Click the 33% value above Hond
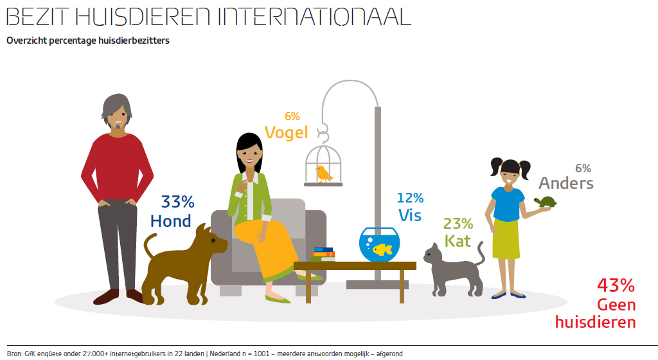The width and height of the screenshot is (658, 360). point(177,202)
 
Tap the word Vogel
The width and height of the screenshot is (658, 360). point(286,133)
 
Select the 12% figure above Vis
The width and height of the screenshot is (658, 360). point(411,197)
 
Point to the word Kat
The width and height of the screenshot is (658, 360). point(458,241)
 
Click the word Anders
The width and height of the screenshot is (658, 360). point(566,183)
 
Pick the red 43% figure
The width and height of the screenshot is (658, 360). point(616,285)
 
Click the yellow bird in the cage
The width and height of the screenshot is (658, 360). point(324,174)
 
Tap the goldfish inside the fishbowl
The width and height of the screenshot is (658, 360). point(382,249)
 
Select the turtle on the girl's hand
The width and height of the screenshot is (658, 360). point(545,202)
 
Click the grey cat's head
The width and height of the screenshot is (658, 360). point(432,253)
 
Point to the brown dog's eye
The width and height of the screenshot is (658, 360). point(213,240)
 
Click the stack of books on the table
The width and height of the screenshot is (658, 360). point(323,255)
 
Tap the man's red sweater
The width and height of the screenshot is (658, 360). point(118,168)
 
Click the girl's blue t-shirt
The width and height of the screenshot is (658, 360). point(508,204)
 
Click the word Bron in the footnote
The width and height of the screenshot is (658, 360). point(14,354)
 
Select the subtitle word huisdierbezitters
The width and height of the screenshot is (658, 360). point(134,40)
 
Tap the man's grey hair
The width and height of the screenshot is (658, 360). point(116,104)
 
